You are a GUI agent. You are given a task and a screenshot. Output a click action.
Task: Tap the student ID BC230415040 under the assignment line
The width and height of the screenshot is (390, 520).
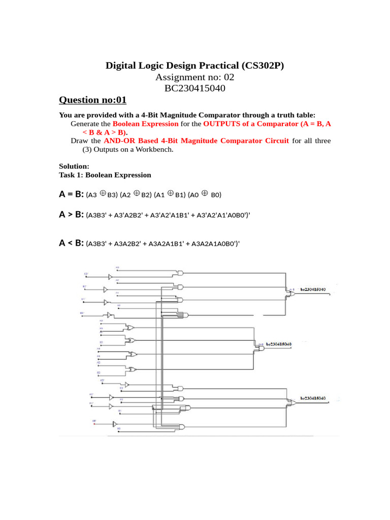click(x=195, y=89)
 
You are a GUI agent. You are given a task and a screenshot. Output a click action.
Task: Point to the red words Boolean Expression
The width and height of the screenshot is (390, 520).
click(x=145, y=123)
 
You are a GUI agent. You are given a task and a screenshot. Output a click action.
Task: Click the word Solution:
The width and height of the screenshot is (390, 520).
click(x=74, y=166)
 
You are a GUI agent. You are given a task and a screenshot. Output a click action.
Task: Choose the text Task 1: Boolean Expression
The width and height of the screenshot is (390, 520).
click(x=105, y=175)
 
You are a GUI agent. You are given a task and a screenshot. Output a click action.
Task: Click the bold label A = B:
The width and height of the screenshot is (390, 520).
click(x=71, y=194)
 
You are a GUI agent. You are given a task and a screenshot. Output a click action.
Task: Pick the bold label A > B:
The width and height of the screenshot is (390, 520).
click(x=71, y=215)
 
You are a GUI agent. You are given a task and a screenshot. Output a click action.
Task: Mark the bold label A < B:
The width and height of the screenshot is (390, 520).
click(x=71, y=243)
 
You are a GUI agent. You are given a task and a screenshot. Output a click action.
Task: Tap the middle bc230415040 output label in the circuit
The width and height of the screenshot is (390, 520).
click(x=278, y=344)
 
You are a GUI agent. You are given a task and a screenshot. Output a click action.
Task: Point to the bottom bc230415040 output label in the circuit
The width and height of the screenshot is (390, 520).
click(x=313, y=399)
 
